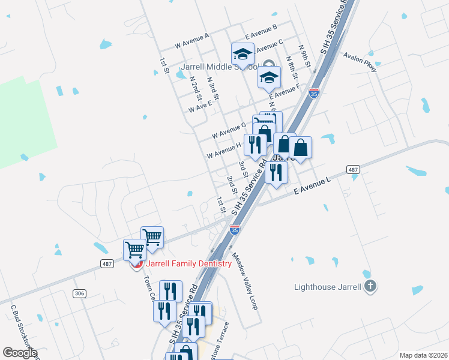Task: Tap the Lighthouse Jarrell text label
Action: click(328, 286)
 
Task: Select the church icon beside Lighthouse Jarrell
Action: click(371, 286)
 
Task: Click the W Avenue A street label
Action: click(191, 40)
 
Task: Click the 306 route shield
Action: click(79, 293)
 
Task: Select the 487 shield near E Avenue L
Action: click(354, 170)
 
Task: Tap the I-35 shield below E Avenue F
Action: click(313, 93)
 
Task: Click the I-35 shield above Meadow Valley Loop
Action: click(235, 229)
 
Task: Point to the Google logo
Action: click(20, 353)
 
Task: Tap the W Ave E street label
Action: click(200, 106)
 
